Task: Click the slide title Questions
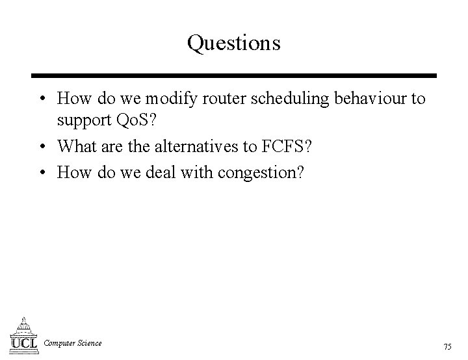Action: (234, 43)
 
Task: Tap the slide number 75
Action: (448, 346)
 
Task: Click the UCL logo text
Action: (24, 342)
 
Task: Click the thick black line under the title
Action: (234, 75)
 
